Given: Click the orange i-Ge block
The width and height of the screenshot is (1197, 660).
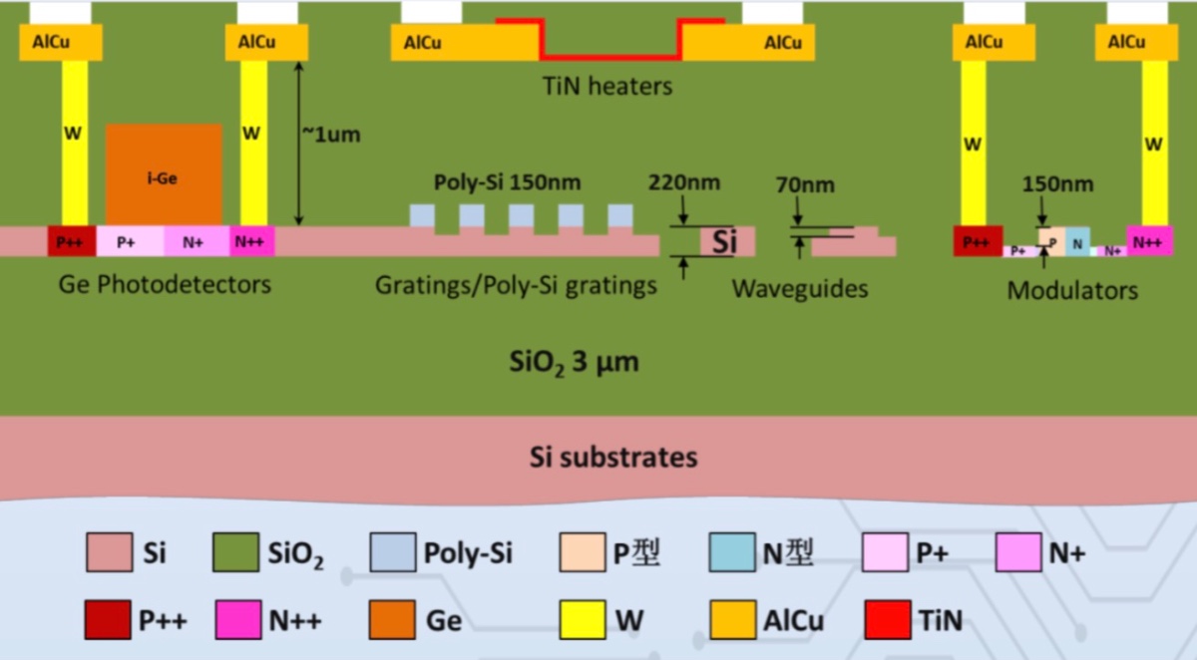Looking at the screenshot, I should [164, 173].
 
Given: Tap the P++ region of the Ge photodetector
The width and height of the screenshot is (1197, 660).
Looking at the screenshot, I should [72, 241].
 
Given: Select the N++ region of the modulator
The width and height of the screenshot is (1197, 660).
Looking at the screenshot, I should [1150, 241].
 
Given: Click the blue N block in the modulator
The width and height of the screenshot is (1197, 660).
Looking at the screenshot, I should [1077, 240].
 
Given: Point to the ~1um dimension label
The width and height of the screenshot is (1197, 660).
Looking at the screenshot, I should [330, 135].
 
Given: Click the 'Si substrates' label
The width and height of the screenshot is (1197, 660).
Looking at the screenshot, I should [612, 458].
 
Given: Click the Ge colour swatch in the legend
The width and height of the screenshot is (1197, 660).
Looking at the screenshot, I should [391, 620].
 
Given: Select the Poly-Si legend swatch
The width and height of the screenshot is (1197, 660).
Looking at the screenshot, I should [391, 552].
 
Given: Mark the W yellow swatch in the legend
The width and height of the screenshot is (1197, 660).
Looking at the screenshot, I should [584, 620].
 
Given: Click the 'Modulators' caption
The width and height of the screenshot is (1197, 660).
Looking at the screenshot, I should [1072, 291].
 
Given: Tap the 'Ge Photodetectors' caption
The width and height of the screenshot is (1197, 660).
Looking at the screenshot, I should [165, 284].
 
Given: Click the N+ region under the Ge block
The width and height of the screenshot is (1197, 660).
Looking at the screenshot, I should [197, 241].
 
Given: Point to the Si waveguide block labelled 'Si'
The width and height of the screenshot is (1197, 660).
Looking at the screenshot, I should [727, 241].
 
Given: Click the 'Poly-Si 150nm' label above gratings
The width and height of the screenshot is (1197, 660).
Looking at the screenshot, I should [508, 184].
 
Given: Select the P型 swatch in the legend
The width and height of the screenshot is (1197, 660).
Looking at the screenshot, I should [584, 552].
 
